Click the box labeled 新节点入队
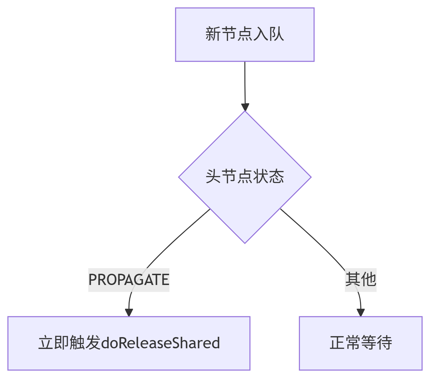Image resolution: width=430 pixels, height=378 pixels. coord(245,35)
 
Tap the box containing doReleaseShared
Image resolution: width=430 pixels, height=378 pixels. coord(129,343)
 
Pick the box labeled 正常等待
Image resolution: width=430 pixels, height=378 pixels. coord(360,343)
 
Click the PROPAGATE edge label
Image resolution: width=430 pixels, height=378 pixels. coord(129,280)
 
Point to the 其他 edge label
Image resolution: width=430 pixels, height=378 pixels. coord(360,279)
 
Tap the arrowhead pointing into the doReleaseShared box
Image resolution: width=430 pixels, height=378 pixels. coord(129,313)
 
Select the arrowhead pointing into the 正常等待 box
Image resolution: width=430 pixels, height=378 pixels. coord(361,313)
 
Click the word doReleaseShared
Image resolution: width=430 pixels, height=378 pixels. coord(160,343)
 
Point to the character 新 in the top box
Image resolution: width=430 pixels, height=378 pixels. coord(213,34)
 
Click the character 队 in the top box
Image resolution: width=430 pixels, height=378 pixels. coord(276,34)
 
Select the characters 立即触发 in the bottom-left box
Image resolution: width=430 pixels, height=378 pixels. coord(69,343)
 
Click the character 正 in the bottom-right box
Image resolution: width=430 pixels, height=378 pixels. coord(337,343)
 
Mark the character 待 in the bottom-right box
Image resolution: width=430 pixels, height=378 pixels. coord(384,343)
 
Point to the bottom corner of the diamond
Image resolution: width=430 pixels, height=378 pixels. coord(245,242)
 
